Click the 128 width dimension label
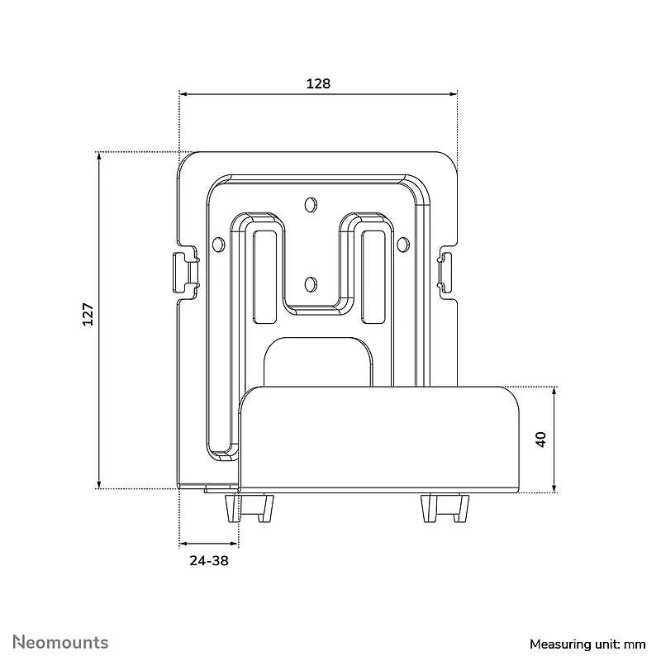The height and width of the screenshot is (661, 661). click(x=318, y=83)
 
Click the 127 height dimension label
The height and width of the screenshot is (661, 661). click(x=88, y=314)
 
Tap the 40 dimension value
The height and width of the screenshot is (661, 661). click(x=541, y=440)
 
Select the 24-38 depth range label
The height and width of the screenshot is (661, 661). click(x=209, y=561)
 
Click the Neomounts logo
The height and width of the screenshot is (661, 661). click(x=60, y=642)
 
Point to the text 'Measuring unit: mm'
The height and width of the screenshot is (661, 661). click(x=587, y=644)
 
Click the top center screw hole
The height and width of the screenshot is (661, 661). click(x=311, y=204)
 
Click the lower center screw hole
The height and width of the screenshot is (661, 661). click(x=311, y=284)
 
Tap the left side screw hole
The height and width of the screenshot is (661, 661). click(x=218, y=245)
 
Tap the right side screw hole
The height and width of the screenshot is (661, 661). click(x=403, y=245)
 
